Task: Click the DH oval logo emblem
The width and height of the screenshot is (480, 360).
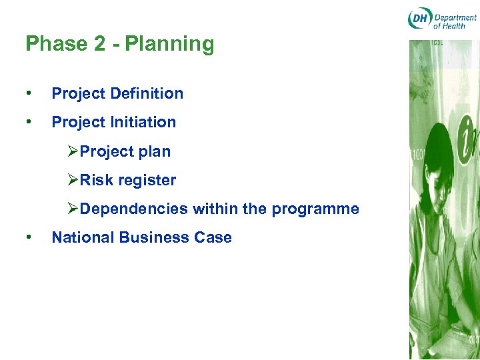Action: [420, 18]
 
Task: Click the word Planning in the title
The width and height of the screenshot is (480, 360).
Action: [169, 44]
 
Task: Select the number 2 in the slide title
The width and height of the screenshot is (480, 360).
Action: [99, 44]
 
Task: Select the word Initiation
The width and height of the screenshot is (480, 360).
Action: [143, 122]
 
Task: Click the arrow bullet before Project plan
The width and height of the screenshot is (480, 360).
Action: [73, 151]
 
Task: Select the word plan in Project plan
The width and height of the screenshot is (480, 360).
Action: [154, 152]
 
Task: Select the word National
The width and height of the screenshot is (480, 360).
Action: [81, 237]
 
